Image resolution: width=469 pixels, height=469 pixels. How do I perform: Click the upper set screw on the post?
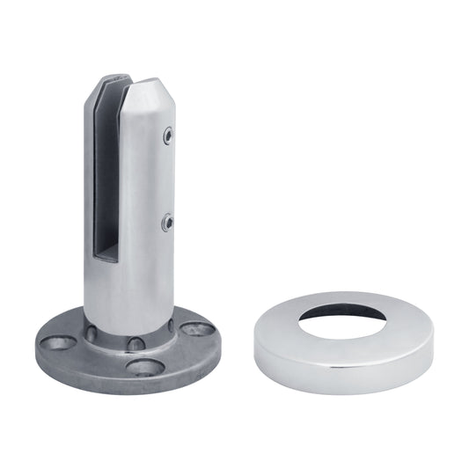click(x=167, y=136)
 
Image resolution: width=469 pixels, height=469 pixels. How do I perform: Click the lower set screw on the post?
click(x=167, y=224)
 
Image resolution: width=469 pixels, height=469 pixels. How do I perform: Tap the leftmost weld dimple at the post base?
click(x=91, y=333)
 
